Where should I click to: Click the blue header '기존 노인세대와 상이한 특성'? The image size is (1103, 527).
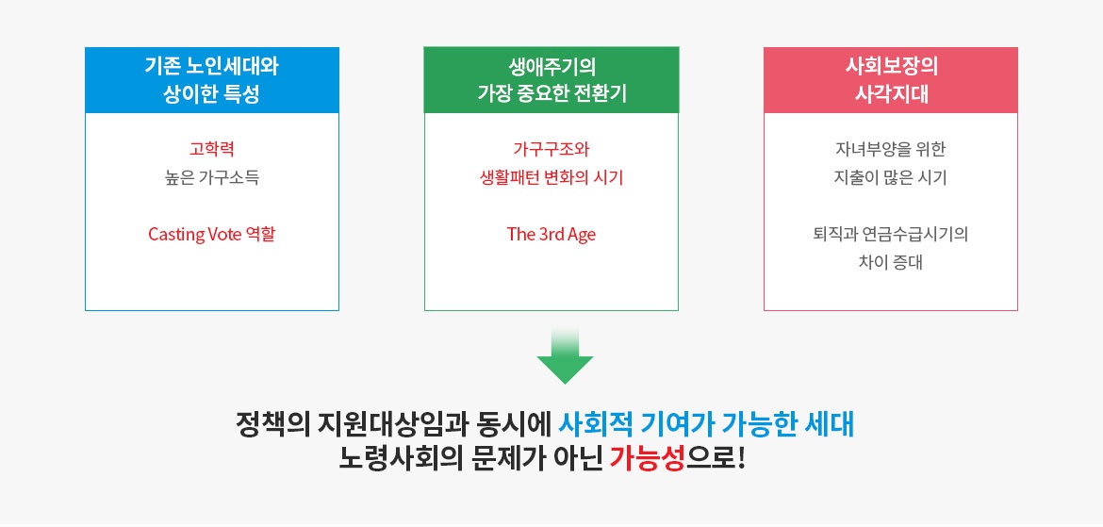(x=211, y=80)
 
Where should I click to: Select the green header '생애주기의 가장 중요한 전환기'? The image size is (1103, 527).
(x=551, y=80)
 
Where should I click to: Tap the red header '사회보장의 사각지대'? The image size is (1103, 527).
(x=890, y=80)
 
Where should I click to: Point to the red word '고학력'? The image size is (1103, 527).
(x=211, y=148)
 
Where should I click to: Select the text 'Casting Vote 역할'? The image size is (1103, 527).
(x=211, y=234)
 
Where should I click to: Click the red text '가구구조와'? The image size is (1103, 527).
(x=551, y=148)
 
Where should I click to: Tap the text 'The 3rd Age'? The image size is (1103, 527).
(x=551, y=235)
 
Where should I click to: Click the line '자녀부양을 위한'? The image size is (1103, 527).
(x=890, y=148)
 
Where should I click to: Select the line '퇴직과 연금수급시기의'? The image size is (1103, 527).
(x=890, y=234)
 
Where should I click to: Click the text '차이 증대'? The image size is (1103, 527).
(x=890, y=262)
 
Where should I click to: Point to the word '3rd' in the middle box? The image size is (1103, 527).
(x=550, y=235)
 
